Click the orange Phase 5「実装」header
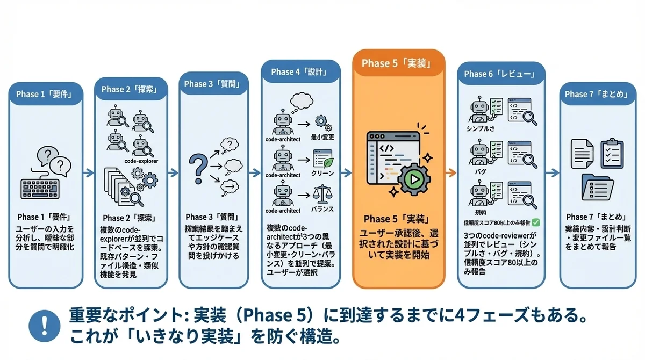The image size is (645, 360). (x=398, y=63)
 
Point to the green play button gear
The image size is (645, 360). (x=413, y=180)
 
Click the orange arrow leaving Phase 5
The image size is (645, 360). (x=452, y=173)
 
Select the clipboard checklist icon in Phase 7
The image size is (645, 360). (x=610, y=153)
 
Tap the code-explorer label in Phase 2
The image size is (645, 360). (x=140, y=160)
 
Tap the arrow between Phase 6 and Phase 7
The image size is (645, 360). (x=551, y=173)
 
